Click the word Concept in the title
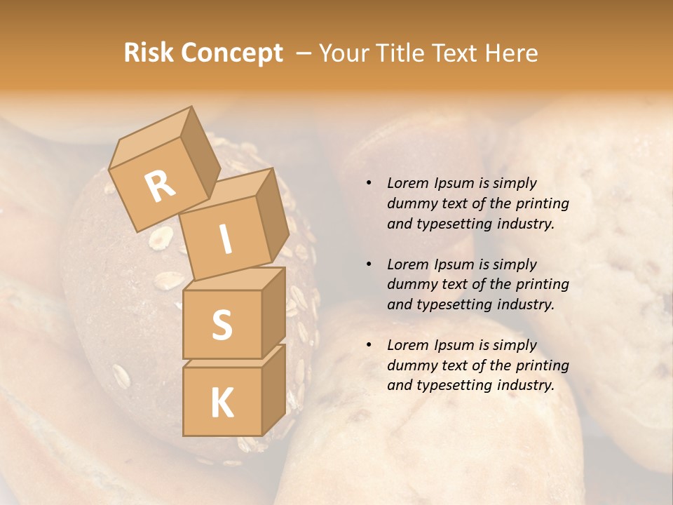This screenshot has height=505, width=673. click(x=231, y=53)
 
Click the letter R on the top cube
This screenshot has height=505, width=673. click(x=160, y=185)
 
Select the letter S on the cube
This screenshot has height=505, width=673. click(x=222, y=325)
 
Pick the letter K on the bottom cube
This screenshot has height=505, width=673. click(x=222, y=404)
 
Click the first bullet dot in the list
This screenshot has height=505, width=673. click(x=369, y=184)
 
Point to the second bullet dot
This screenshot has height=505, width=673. click(x=369, y=265)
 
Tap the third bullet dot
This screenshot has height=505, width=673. click(x=369, y=346)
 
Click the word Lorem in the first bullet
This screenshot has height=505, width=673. click(x=407, y=183)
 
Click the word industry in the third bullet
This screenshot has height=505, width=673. click(x=525, y=385)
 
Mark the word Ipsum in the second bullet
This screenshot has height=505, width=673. click(x=453, y=265)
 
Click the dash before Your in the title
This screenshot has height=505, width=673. click(x=304, y=53)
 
